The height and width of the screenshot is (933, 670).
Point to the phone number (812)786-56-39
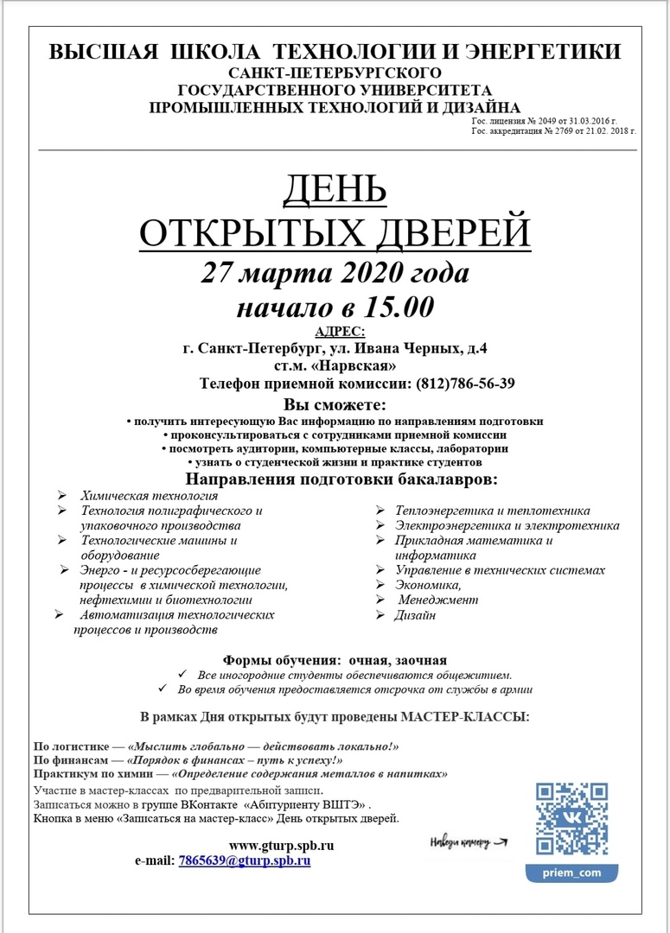(466, 384)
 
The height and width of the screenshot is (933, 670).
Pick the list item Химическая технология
(149, 496)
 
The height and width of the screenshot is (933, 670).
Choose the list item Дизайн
(416, 615)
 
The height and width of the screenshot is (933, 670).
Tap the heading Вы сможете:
(335, 404)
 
